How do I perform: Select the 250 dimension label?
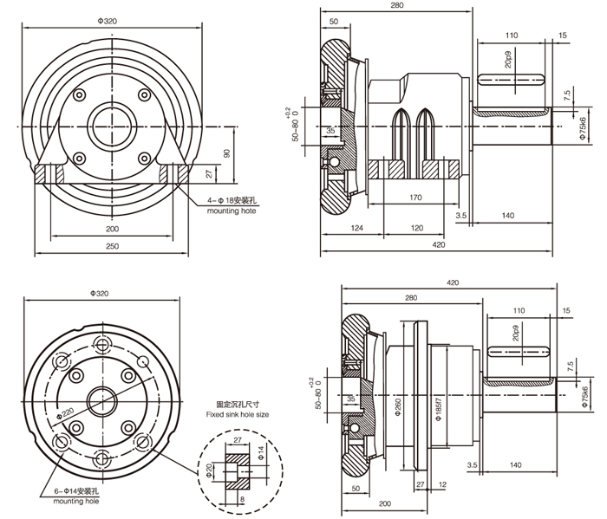click(x=113, y=247)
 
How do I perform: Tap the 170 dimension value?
click(x=415, y=198)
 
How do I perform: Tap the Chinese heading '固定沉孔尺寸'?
click(x=238, y=404)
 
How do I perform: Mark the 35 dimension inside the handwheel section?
click(x=330, y=131)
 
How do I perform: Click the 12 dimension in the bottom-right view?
click(x=442, y=484)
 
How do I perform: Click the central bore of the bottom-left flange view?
click(x=106, y=403)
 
